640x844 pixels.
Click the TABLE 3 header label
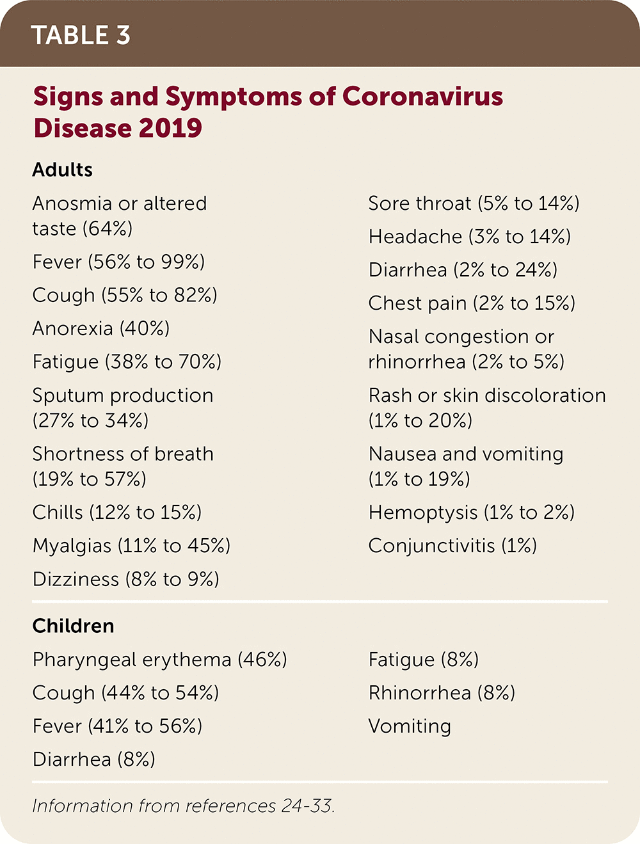pyautogui.click(x=81, y=35)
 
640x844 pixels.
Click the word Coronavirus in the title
pyautogui.click(x=422, y=97)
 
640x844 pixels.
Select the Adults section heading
pyautogui.click(x=63, y=170)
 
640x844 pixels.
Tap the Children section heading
pyautogui.click(x=73, y=626)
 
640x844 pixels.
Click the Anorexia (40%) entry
pyautogui.click(x=101, y=328)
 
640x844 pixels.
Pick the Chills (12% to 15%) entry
pyautogui.click(x=117, y=513)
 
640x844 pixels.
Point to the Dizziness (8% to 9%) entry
pyautogui.click(x=126, y=579)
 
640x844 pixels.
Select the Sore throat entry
pyautogui.click(x=474, y=203)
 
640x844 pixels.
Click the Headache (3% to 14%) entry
pyautogui.click(x=469, y=237)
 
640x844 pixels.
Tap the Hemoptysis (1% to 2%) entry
pyautogui.click(x=471, y=513)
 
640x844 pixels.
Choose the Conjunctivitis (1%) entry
pyautogui.click(x=452, y=546)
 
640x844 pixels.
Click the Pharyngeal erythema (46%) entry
pyautogui.click(x=159, y=660)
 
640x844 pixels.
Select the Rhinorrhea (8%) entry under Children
pyautogui.click(x=442, y=693)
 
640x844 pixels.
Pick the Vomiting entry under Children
pyautogui.click(x=410, y=726)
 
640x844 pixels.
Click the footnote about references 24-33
pyautogui.click(x=184, y=806)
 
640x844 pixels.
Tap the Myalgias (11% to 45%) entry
pyautogui.click(x=131, y=546)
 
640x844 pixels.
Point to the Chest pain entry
pyautogui.click(x=472, y=303)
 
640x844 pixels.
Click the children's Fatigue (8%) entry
pyautogui.click(x=423, y=660)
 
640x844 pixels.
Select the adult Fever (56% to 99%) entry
pyautogui.click(x=118, y=262)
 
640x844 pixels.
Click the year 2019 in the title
pyautogui.click(x=170, y=128)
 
